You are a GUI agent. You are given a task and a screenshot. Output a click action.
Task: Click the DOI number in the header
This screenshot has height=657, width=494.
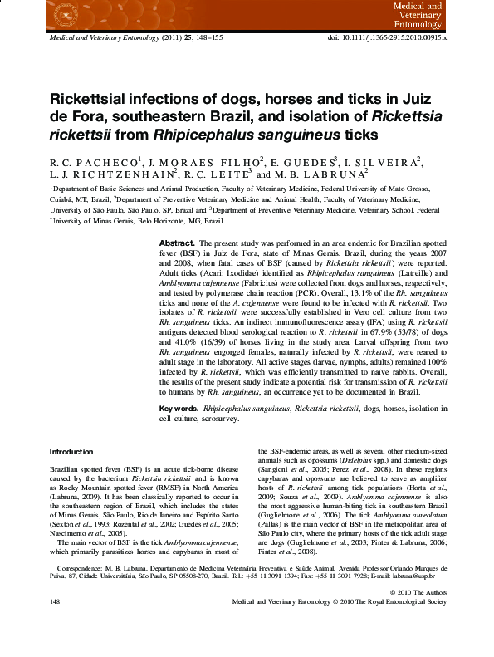pos(399,39)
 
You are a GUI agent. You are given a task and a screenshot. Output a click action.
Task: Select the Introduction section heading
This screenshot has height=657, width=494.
pos(71,452)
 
